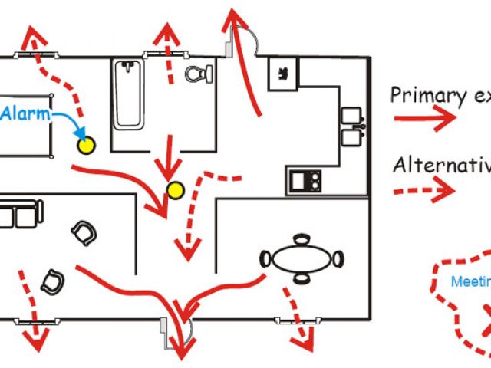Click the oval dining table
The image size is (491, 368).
(301, 258)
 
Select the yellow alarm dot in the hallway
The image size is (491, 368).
(176, 189)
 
